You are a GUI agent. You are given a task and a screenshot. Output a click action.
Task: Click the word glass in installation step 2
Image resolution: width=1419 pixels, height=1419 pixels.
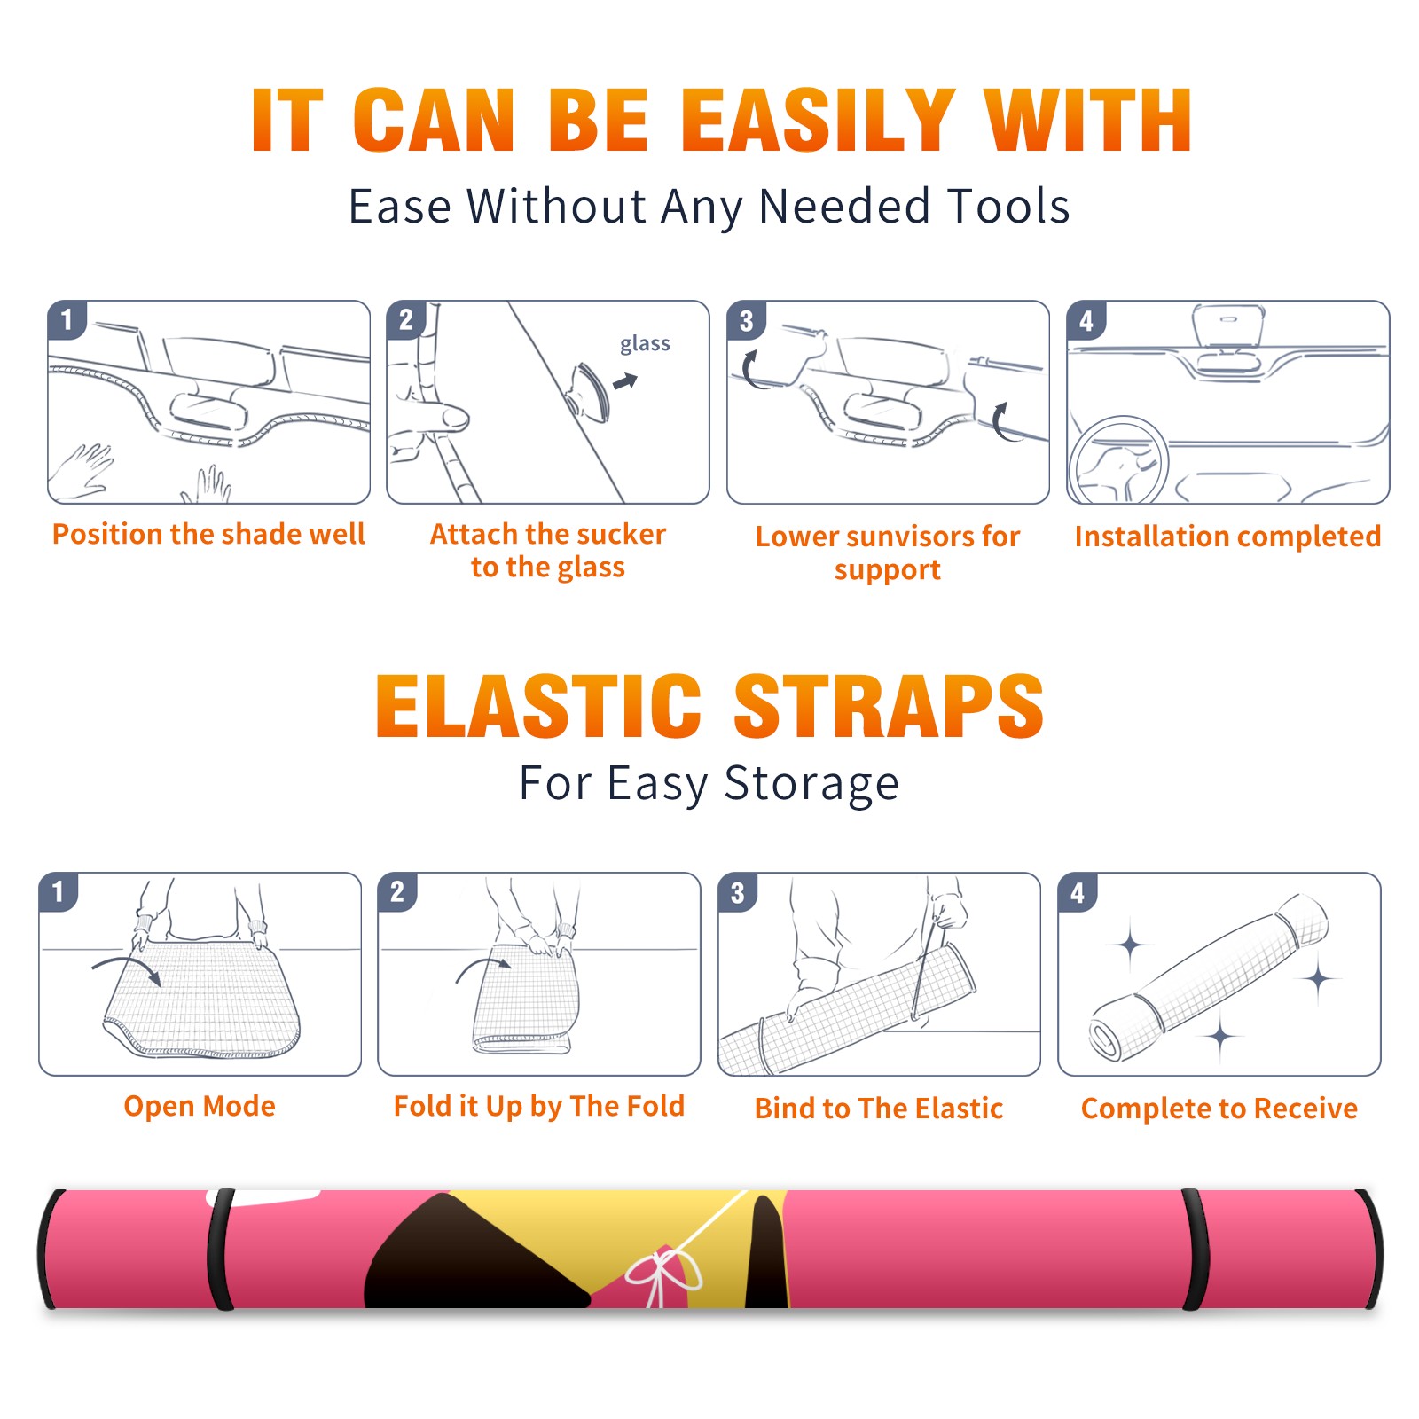[x=645, y=344]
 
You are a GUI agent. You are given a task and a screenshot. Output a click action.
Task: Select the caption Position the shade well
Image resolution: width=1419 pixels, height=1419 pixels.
[x=208, y=534]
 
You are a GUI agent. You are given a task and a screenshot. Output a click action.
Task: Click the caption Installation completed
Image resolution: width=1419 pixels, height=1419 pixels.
[x=1227, y=537]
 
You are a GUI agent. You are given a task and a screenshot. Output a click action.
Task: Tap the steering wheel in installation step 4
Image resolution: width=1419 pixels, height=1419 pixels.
[x=1117, y=461]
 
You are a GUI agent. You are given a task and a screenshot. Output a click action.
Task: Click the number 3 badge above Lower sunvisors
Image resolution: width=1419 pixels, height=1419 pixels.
[x=746, y=320]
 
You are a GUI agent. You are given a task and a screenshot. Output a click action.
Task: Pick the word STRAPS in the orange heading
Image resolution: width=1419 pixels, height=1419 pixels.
[x=889, y=706]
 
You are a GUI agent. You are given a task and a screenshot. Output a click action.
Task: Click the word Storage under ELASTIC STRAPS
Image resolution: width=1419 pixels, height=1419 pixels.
[x=811, y=784]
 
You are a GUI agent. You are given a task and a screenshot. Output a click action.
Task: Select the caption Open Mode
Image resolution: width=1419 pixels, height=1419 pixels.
[x=200, y=1106]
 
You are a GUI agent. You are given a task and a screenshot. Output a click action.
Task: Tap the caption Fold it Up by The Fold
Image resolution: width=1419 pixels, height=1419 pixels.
[x=539, y=1106]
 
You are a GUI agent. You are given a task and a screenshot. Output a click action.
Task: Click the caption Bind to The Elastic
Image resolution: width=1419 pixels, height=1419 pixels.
[x=879, y=1109]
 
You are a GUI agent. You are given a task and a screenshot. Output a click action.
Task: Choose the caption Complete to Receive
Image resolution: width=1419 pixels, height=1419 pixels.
[x=1219, y=1109]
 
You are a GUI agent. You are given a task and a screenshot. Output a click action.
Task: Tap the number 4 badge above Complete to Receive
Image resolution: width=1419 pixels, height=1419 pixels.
[x=1078, y=892]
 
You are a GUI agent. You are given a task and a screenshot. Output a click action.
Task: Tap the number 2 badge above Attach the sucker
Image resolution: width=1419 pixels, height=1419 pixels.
[x=406, y=319]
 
